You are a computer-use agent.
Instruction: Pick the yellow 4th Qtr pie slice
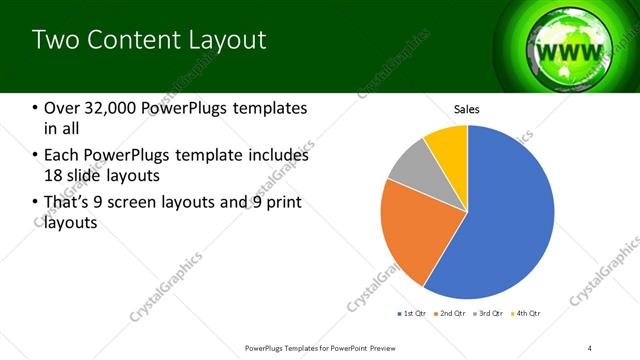[x=447, y=146]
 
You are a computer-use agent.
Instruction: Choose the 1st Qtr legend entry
[x=411, y=313]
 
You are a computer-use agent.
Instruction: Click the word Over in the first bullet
[x=60, y=108]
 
